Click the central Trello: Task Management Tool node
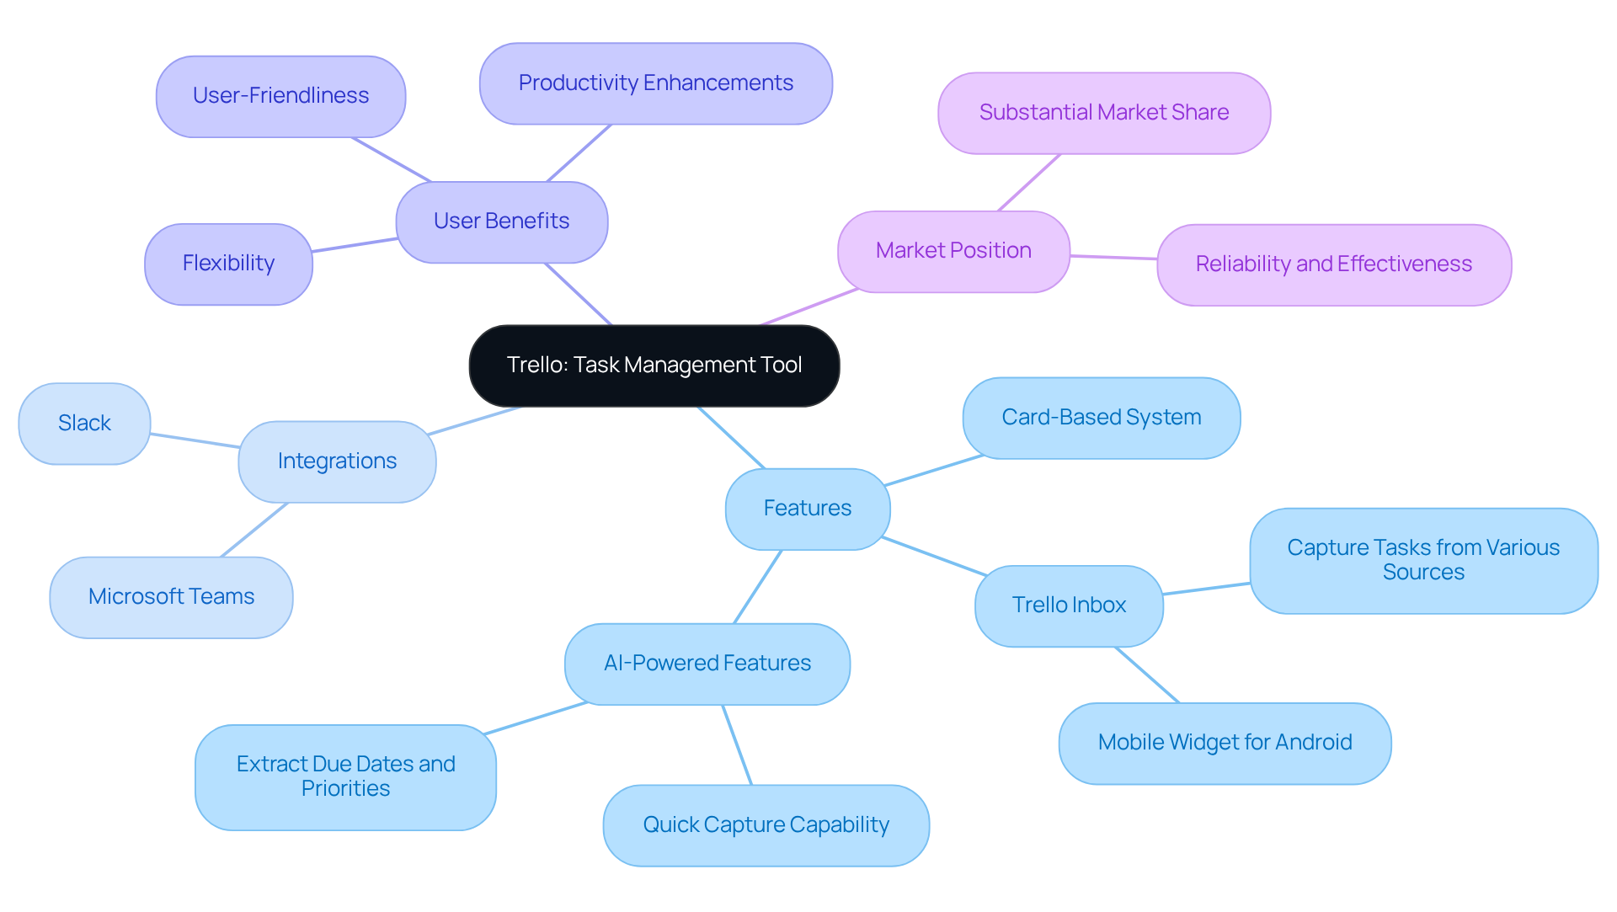[654, 365]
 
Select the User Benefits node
[502, 221]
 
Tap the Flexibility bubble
[228, 264]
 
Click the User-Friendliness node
[280, 96]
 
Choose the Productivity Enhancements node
[656, 83]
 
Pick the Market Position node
[953, 251]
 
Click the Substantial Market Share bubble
[1104, 113]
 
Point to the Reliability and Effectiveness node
[1334, 264]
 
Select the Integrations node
[337, 461]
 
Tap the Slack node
[84, 424]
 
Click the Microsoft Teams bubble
[171, 597]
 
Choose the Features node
[808, 509]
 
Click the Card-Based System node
[1102, 418]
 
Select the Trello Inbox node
[1069, 605]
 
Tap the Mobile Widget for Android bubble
[1225, 743]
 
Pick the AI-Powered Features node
[707, 664]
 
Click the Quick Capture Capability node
[766, 825]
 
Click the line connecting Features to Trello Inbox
[935, 556]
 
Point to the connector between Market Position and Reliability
[1113, 257]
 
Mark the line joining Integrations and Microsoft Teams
[254, 530]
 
